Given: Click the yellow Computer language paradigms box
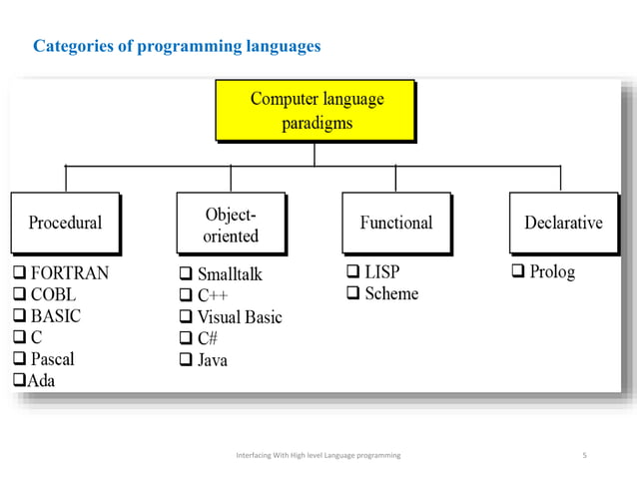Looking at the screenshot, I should pyautogui.click(x=316, y=111).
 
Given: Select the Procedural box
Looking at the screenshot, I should pyautogui.click(x=65, y=222).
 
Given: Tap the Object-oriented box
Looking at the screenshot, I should pyautogui.click(x=231, y=225).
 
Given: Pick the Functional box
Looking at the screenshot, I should pyautogui.click(x=395, y=222).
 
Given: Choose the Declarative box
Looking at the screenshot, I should pyautogui.click(x=563, y=222).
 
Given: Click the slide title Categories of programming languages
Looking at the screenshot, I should pyautogui.click(x=177, y=46).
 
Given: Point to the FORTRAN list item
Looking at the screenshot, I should pyautogui.click(x=69, y=272).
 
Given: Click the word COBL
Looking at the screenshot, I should pyautogui.click(x=53, y=294).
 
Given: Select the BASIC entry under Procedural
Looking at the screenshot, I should pyautogui.click(x=55, y=316).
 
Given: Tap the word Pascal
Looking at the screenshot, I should pyautogui.click(x=52, y=358).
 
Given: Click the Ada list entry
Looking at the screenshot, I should pyautogui.click(x=41, y=380).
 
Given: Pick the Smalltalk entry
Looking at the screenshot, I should pyautogui.click(x=230, y=273).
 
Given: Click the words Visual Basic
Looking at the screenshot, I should pyautogui.click(x=240, y=317).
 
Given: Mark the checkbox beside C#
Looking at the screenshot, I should pyautogui.click(x=185, y=338).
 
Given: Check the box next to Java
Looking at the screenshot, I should pyautogui.click(x=185, y=360).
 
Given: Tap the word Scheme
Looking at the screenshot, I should pyautogui.click(x=391, y=293).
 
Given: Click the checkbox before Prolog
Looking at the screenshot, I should pyautogui.click(x=518, y=271).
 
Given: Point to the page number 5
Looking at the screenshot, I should pyautogui.click(x=584, y=455).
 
